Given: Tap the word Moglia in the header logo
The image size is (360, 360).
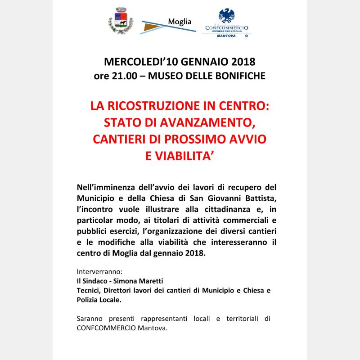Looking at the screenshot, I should [x=180, y=22].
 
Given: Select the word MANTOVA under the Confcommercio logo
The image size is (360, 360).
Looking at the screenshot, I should [x=228, y=34].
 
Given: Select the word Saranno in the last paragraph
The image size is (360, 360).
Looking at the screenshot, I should [x=90, y=319].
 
